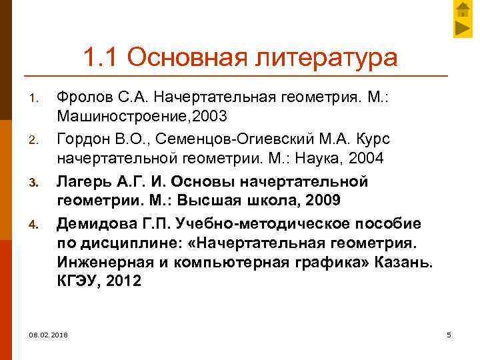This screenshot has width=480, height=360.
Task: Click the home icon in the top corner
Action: tap(463, 9)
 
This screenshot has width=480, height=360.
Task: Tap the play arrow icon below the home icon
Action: tap(463, 29)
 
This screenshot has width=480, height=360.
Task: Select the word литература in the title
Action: tap(323, 57)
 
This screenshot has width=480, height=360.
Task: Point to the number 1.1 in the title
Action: tap(102, 57)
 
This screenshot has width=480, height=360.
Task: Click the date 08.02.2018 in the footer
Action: tap(49, 333)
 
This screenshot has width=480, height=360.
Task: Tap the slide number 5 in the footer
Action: tap(449, 333)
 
